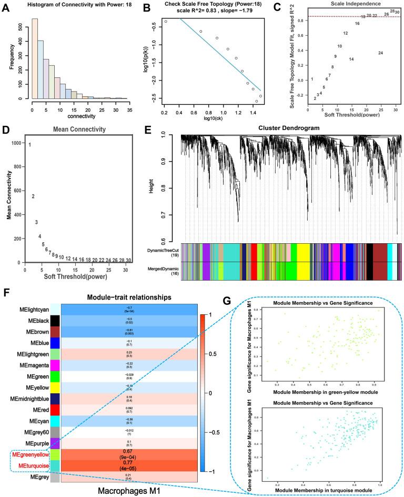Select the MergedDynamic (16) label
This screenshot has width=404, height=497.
[x=161, y=270]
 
